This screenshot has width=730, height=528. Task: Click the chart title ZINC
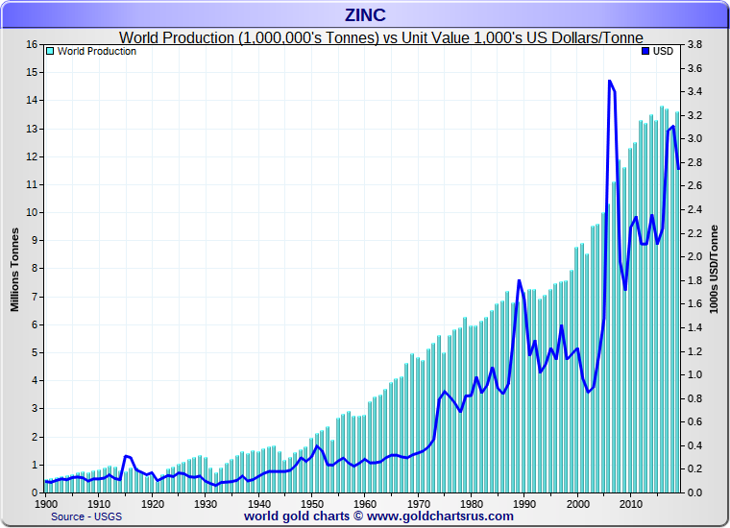[x=364, y=15]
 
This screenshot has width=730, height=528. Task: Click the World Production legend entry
[x=96, y=51]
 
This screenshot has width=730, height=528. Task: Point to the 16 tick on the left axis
[x=31, y=44]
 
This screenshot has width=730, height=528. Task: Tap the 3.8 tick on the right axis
[x=696, y=44]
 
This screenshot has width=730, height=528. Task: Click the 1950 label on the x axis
[x=310, y=503]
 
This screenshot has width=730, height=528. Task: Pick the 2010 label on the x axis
[x=629, y=503]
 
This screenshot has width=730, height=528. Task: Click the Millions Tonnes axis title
[x=14, y=269]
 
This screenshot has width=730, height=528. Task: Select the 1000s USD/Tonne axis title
[x=715, y=269]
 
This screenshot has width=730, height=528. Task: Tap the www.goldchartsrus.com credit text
[x=378, y=516]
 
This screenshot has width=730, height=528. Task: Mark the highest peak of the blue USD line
[x=610, y=82]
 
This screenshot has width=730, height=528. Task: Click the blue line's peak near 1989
[x=519, y=280]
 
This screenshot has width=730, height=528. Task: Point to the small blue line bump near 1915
[x=126, y=456]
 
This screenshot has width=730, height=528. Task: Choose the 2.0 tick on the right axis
[x=696, y=256]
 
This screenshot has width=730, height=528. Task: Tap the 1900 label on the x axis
[x=46, y=503]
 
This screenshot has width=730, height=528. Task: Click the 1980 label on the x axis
[x=470, y=503]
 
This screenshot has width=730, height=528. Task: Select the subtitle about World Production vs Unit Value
[x=380, y=36]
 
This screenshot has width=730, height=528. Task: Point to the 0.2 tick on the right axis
[x=696, y=469]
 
